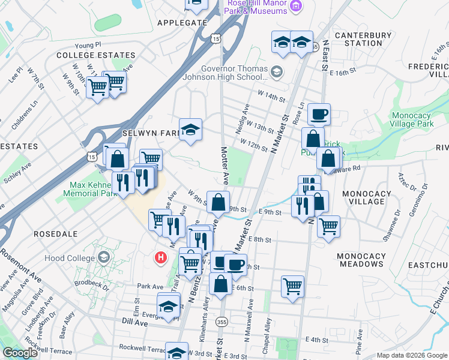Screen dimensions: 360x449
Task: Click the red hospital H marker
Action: [x=160, y=258]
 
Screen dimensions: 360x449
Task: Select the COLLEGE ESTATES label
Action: [x=85, y=55]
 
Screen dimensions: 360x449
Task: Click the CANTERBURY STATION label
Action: [x=363, y=39]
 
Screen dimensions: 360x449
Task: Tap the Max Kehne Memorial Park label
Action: [x=92, y=190]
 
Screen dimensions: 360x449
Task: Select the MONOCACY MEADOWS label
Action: [x=361, y=260]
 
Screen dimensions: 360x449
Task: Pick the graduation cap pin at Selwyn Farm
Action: [x=190, y=129]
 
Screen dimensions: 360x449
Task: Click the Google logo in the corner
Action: [x=20, y=353]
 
